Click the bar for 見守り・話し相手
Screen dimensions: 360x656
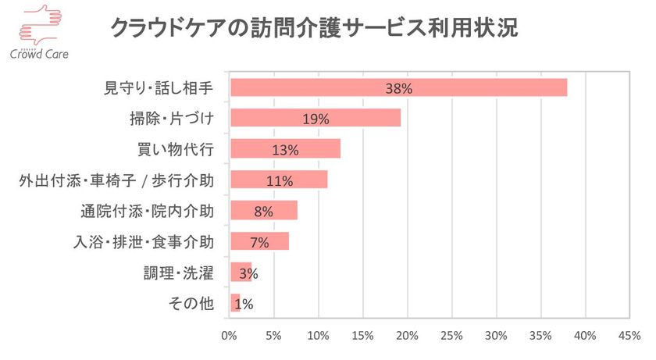point(398,87)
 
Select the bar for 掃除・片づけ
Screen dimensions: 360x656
point(316,118)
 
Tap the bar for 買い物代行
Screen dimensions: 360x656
point(285,148)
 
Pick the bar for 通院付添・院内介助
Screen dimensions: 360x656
point(264,210)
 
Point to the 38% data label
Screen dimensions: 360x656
point(398,88)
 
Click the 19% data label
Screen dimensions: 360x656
point(316,119)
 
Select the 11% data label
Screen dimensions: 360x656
point(279,180)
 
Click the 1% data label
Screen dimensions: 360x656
point(243,304)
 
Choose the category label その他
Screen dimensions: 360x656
point(191,304)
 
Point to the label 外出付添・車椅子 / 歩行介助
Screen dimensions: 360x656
point(116,180)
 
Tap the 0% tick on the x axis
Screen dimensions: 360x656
point(229,336)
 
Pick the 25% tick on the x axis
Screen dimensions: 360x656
point(451,336)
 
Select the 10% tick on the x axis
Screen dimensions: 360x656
point(318,336)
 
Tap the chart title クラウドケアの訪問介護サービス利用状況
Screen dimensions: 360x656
point(313,29)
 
